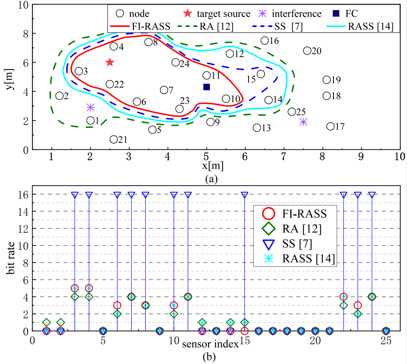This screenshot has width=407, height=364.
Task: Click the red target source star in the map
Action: (x=110, y=62)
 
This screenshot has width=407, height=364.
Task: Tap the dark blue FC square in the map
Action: (x=207, y=87)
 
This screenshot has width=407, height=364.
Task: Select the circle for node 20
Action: (x=307, y=51)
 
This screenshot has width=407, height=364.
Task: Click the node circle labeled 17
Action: (x=330, y=126)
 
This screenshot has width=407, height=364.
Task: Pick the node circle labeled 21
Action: (x=113, y=140)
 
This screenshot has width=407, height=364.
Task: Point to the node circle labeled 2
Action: (x=59, y=96)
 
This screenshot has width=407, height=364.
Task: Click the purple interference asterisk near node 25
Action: (x=303, y=122)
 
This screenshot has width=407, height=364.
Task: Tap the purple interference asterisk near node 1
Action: (x=91, y=107)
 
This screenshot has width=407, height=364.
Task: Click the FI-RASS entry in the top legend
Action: (x=151, y=26)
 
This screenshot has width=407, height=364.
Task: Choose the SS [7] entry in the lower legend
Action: (x=297, y=244)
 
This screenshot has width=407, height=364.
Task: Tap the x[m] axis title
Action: (x=213, y=166)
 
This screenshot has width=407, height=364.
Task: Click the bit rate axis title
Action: (x=11, y=258)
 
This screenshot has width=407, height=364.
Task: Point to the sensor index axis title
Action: (x=210, y=344)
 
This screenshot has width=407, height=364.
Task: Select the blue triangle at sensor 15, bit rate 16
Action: (x=244, y=195)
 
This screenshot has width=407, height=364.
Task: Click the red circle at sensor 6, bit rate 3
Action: (x=117, y=305)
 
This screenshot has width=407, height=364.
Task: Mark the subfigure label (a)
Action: (x=211, y=179)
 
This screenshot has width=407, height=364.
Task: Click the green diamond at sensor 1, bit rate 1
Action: (x=46, y=322)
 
